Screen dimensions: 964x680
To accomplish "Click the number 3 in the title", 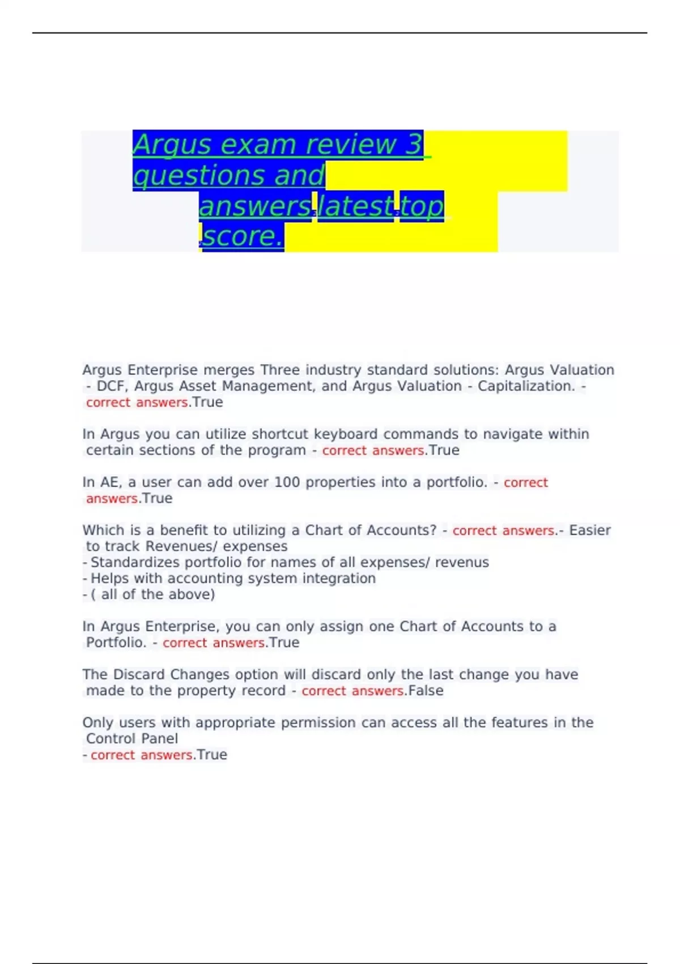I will [x=414, y=144].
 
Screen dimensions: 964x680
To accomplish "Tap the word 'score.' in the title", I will [x=243, y=236].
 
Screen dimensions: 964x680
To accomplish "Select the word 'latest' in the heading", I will [x=356, y=206].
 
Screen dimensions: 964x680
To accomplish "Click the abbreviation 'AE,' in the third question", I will [x=112, y=483].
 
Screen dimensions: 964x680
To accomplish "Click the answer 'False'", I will [x=426, y=691].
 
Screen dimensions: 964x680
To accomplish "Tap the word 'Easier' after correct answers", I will [x=590, y=531].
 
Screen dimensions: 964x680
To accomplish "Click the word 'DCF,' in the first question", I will [x=112, y=386].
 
